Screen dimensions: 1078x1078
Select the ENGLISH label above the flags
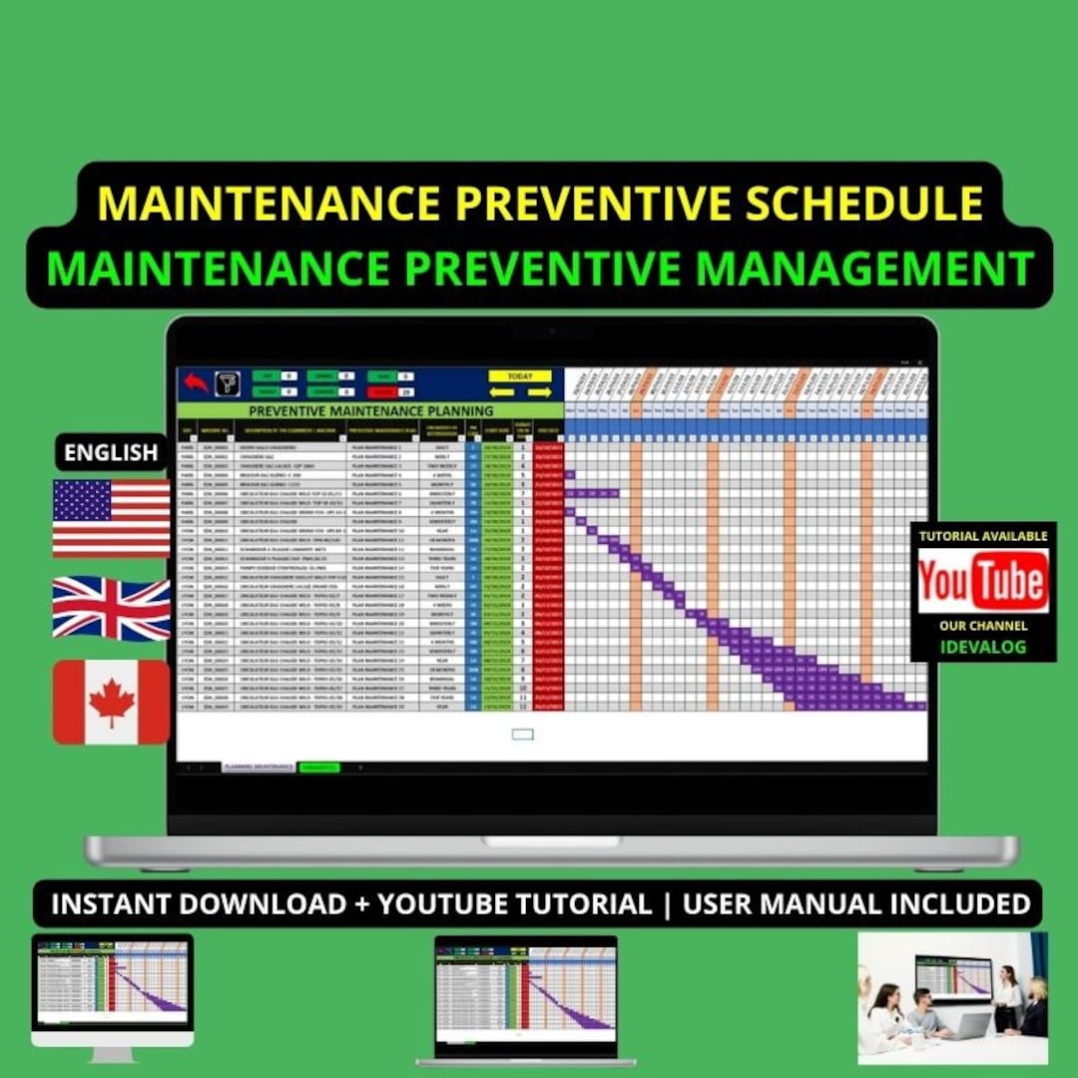(111, 452)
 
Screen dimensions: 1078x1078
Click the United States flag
(111, 516)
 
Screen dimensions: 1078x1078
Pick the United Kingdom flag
(111, 608)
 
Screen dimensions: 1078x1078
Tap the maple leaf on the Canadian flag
(111, 702)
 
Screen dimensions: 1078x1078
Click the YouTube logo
(982, 581)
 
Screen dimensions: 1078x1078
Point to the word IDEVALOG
(982, 647)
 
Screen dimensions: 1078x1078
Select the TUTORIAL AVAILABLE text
(982, 536)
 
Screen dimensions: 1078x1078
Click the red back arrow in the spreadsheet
(196, 382)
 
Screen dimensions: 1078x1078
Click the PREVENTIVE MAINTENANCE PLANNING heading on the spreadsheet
(370, 410)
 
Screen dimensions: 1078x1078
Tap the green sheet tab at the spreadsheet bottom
(319, 767)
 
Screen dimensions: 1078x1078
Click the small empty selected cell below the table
(522, 735)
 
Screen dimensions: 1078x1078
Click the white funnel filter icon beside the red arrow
(228, 382)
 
